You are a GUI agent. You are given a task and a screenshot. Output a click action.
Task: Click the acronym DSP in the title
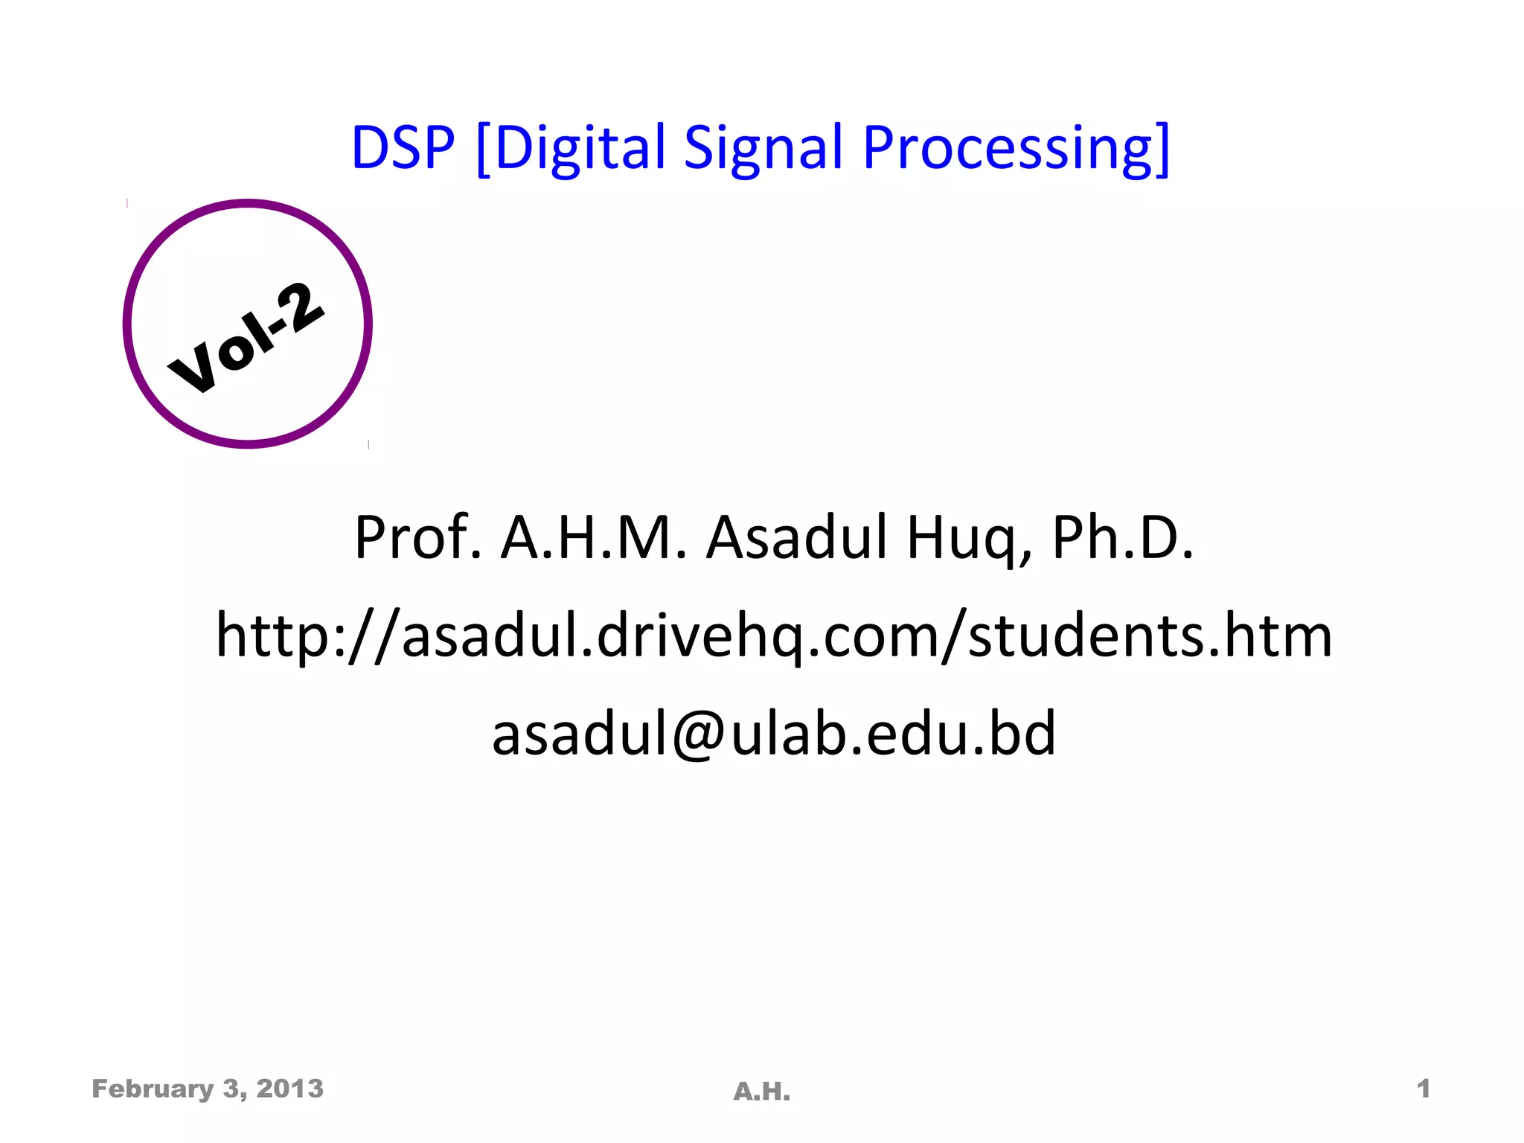403,147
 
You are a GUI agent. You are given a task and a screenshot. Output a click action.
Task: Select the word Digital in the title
579,149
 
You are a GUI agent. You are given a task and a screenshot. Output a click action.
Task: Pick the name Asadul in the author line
797,537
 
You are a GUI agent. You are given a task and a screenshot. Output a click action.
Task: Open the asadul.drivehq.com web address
774,635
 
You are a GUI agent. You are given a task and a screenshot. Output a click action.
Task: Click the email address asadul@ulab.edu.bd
774,733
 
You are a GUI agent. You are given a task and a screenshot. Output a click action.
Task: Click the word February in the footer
153,1089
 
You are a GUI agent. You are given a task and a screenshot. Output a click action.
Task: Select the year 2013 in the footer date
290,1089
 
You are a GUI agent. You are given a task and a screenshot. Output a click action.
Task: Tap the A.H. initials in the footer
762,1092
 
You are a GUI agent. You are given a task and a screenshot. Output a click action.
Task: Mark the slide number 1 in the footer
1424,1089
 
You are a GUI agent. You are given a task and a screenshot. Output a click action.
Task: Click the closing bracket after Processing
1163,149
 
